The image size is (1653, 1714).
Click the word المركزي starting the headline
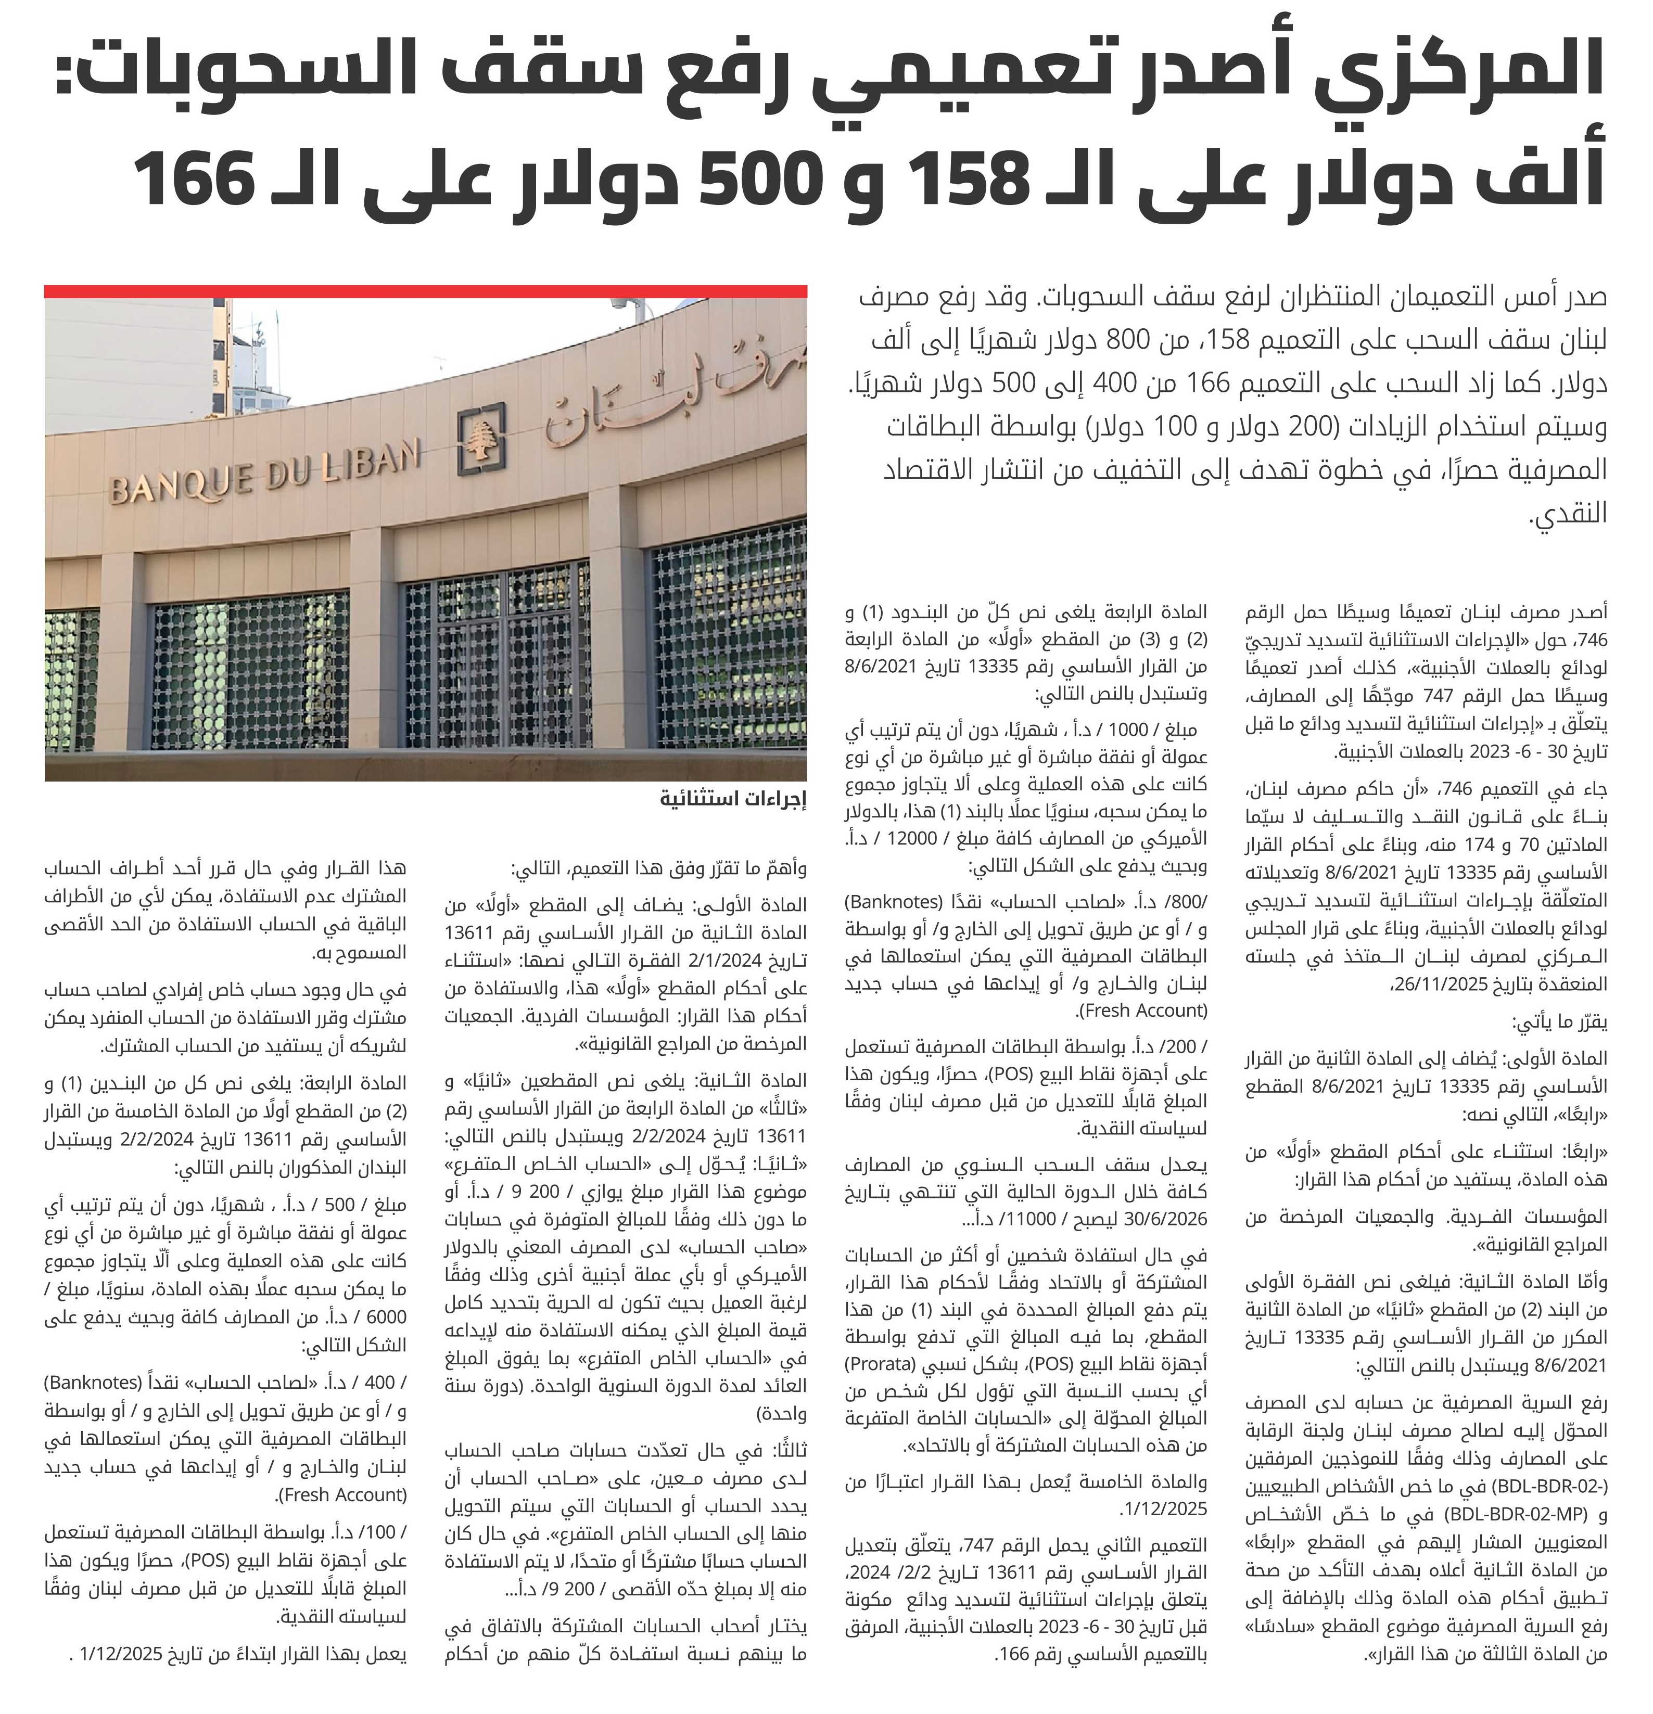pyautogui.click(x=1478, y=74)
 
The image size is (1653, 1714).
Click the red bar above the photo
pyautogui.click(x=425, y=291)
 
